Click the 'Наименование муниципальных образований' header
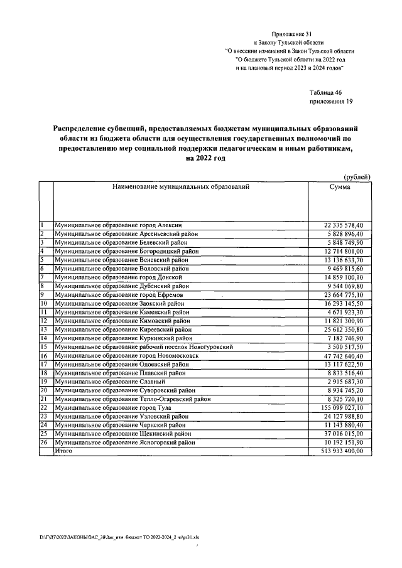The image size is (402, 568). (x=181, y=187)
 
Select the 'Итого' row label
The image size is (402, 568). (x=63, y=451)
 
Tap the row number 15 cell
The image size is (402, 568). (x=45, y=346)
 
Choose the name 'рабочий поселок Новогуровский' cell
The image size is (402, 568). (x=144, y=346)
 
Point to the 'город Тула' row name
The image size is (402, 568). (x=113, y=407)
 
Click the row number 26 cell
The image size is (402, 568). (x=45, y=442)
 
